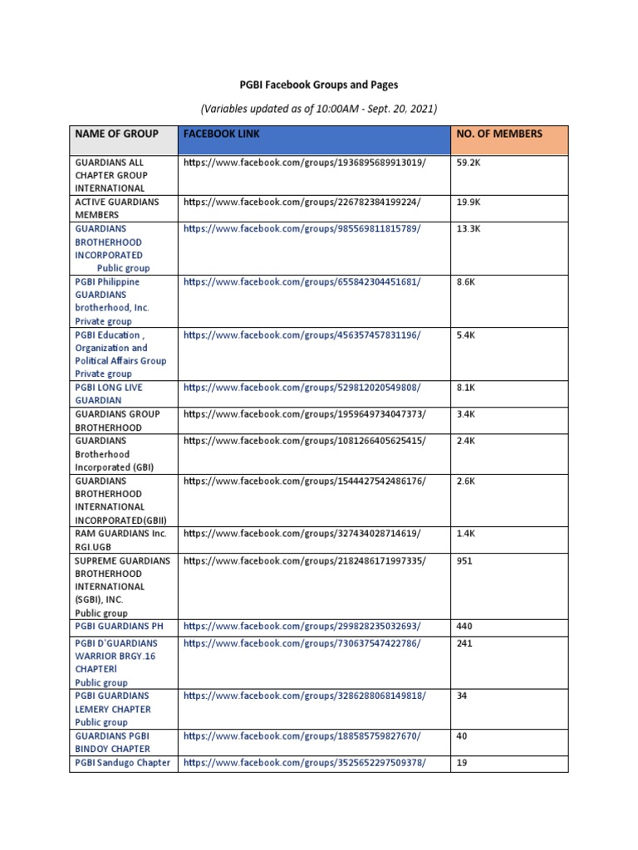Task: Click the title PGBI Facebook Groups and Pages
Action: click(x=319, y=85)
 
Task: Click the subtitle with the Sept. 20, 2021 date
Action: click(x=319, y=109)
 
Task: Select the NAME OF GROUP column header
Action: click(x=111, y=134)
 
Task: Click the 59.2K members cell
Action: click(x=469, y=163)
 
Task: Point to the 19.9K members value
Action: click(x=469, y=202)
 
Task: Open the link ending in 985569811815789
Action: click(x=302, y=228)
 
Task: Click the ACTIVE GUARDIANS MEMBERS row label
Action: click(x=117, y=208)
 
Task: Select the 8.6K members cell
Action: click(x=466, y=282)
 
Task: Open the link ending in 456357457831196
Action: click(x=302, y=335)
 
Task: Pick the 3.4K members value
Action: click(x=466, y=414)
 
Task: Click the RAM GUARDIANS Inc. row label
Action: click(x=120, y=534)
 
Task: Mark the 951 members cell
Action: click(x=464, y=561)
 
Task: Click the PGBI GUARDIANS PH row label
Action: click(x=122, y=627)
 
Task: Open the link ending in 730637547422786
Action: click(x=302, y=643)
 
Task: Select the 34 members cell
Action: click(x=462, y=696)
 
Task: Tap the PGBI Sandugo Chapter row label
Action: click(x=123, y=763)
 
